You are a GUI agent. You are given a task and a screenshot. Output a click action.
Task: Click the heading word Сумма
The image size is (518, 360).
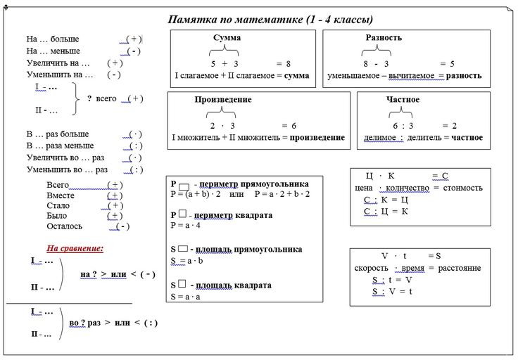(x=227, y=37)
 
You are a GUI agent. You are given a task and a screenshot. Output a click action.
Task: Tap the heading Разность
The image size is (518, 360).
(x=384, y=37)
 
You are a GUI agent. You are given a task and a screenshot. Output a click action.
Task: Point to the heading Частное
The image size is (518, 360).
(x=403, y=100)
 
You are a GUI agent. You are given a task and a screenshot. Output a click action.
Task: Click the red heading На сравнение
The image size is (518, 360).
(x=75, y=248)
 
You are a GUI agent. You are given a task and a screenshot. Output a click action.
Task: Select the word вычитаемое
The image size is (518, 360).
(x=408, y=75)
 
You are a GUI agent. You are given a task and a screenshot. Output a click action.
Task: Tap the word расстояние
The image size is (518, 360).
(x=457, y=268)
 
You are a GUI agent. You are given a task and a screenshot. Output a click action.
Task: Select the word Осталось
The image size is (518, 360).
(x=64, y=226)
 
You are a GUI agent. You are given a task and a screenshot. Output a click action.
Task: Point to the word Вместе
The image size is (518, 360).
(x=61, y=195)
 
